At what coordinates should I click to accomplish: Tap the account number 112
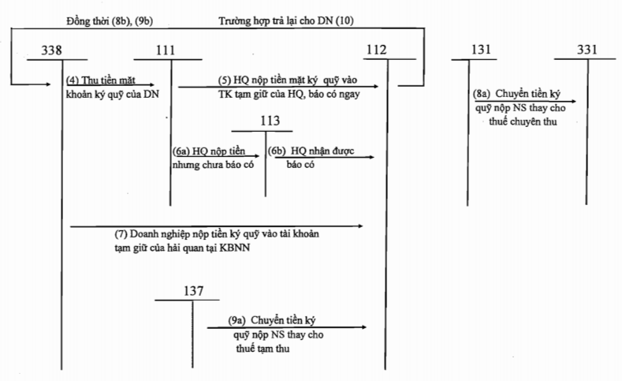(x=376, y=50)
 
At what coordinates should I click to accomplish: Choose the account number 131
(x=480, y=50)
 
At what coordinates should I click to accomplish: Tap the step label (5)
(x=225, y=80)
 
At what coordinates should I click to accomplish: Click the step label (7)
(x=121, y=234)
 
